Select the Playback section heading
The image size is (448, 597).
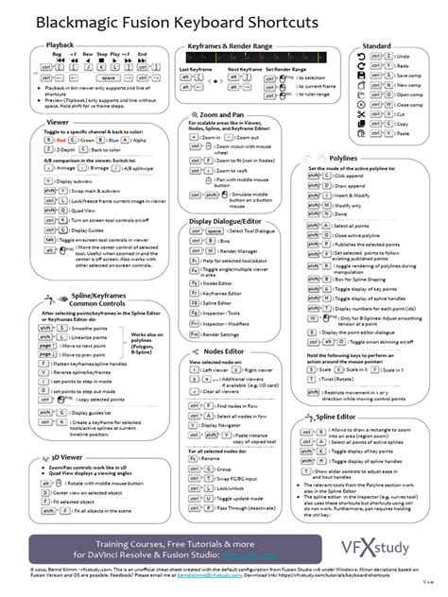(x=60, y=44)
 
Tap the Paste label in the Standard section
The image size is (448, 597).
(x=403, y=133)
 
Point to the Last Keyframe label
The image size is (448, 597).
(x=196, y=69)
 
